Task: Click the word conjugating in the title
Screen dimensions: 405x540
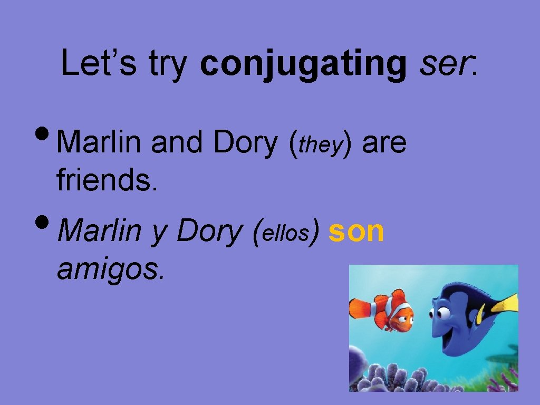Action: click(303, 64)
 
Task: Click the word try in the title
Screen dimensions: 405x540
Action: click(168, 64)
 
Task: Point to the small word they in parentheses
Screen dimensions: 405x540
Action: click(321, 145)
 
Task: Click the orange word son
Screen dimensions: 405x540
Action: click(356, 232)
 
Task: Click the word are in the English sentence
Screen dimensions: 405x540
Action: click(384, 143)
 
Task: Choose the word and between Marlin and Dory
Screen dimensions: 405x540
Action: click(176, 143)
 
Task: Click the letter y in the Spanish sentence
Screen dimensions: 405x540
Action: click(158, 233)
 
